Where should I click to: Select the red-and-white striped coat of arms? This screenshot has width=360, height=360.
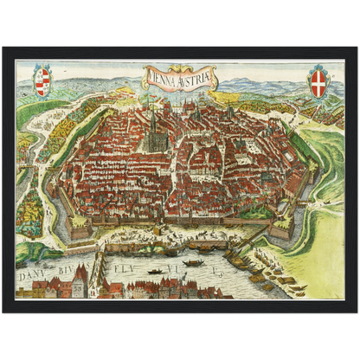(x=42, y=81)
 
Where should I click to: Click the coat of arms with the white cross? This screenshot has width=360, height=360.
(x=319, y=81)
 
